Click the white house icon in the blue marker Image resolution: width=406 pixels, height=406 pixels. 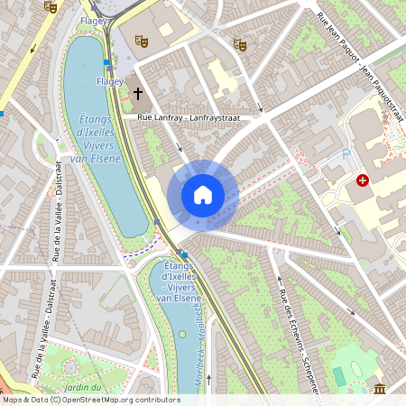click(x=203, y=195)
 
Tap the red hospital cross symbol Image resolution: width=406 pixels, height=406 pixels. click(x=364, y=180)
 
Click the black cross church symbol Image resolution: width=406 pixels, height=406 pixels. click(x=139, y=93)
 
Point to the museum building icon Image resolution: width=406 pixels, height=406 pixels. click(x=380, y=388)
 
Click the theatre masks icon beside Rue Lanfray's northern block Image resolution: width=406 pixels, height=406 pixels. click(x=239, y=43)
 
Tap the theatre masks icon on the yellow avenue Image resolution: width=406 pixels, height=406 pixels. click(x=51, y=6)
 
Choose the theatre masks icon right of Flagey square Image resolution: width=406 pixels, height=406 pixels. click(x=141, y=40)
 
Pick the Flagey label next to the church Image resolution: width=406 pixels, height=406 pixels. click(x=109, y=81)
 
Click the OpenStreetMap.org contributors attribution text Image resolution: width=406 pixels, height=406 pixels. click(x=117, y=400)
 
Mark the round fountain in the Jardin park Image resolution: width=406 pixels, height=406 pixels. click(x=70, y=368)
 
